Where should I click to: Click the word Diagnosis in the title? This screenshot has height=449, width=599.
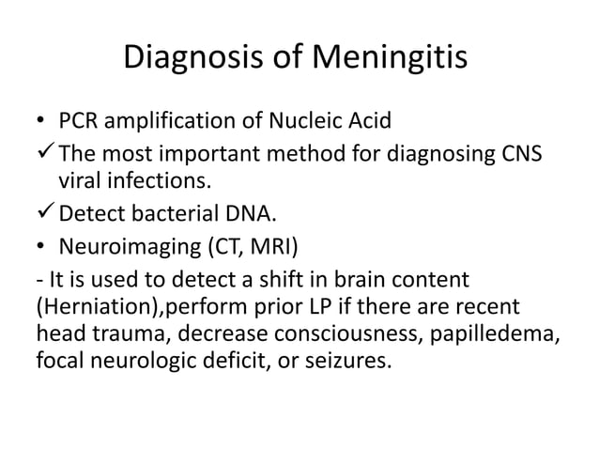pyautogui.click(x=192, y=61)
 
